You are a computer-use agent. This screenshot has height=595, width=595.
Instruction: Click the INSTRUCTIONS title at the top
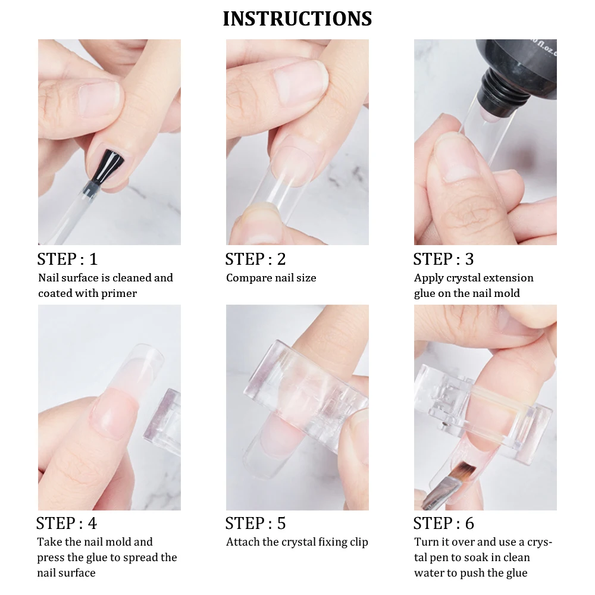pyautogui.click(x=297, y=19)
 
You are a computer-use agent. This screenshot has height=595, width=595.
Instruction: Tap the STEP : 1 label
pyautogui.click(x=68, y=259)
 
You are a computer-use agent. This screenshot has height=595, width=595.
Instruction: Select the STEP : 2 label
pyautogui.click(x=255, y=259)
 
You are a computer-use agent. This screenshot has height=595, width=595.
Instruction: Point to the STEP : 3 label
pyautogui.click(x=444, y=259)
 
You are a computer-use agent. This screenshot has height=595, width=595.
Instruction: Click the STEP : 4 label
pyautogui.click(x=67, y=523)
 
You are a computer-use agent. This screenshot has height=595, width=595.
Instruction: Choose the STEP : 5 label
pyautogui.click(x=255, y=523)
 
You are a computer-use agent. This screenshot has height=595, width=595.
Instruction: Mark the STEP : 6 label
pyautogui.click(x=444, y=523)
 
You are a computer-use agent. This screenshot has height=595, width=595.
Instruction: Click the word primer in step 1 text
pyautogui.click(x=119, y=294)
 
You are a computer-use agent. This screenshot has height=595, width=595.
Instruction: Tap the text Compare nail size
pyautogui.click(x=271, y=278)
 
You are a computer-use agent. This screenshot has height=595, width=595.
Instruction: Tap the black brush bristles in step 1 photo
pyautogui.click(x=108, y=165)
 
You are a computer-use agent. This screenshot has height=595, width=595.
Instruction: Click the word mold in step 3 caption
pyautogui.click(x=507, y=294)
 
